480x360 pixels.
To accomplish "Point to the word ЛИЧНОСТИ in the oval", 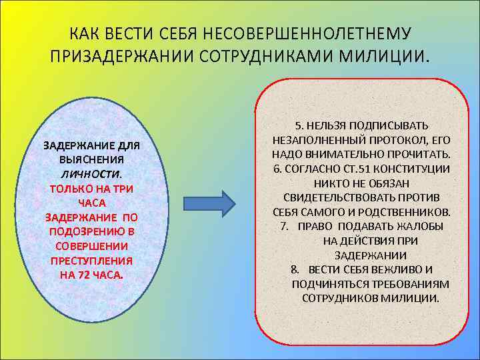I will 91,173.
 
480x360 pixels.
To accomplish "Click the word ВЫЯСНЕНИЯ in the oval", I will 91,160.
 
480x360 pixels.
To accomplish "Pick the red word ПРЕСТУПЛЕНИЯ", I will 91,260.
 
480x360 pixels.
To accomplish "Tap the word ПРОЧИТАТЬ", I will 418,154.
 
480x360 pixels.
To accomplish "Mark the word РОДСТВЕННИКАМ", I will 409,212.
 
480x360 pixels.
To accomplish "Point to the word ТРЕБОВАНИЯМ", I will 409,284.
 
